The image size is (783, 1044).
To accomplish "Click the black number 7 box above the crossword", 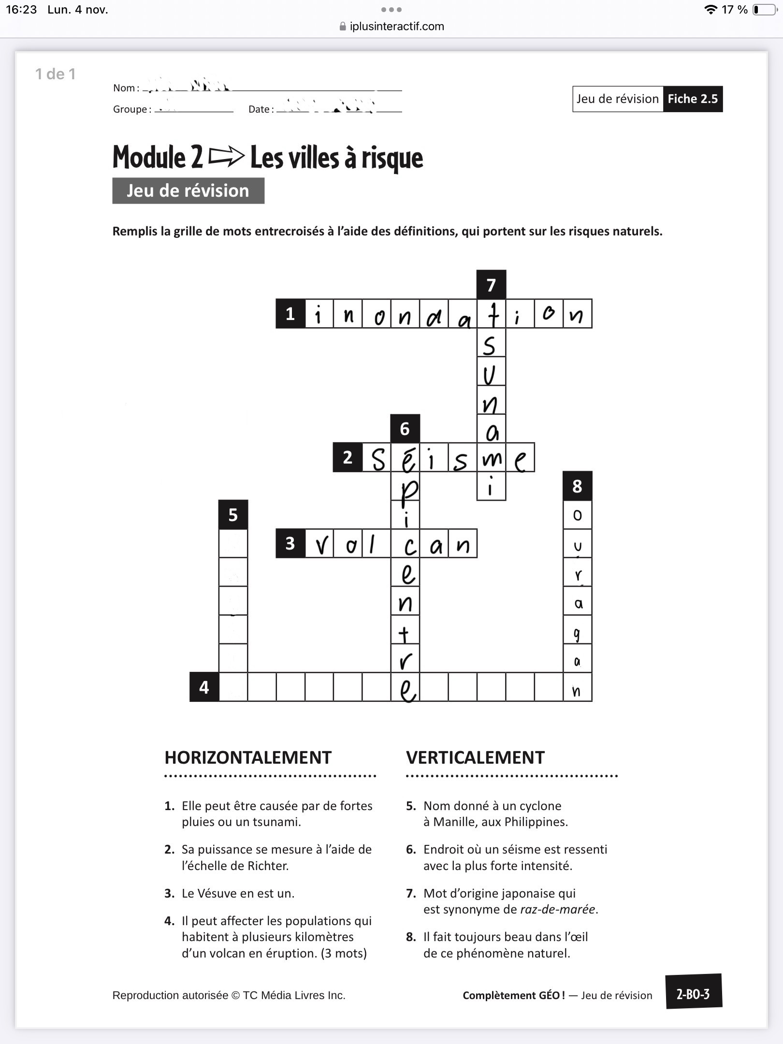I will tap(491, 285).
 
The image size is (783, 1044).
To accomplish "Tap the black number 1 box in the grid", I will tap(290, 314).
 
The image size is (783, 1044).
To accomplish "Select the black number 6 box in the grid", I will tap(405, 429).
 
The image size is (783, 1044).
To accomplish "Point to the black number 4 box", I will tap(204, 687).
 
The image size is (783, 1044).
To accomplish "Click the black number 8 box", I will tap(577, 486).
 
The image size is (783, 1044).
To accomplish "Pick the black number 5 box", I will tap(233, 515).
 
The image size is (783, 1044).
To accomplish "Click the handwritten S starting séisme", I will tap(377, 459).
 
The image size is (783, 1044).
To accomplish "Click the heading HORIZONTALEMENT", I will tap(248, 757).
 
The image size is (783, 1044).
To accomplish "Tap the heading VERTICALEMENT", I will tap(475, 757).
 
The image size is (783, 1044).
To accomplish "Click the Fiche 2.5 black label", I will tap(693, 99).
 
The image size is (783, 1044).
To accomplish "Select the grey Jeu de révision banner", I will tap(188, 191).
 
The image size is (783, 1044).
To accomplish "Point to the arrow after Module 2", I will tap(226, 157).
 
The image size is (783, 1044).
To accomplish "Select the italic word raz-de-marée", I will tap(557, 909).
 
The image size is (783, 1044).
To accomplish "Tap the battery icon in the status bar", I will tap(764, 10).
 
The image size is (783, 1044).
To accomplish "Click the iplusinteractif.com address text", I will tap(397, 27).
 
